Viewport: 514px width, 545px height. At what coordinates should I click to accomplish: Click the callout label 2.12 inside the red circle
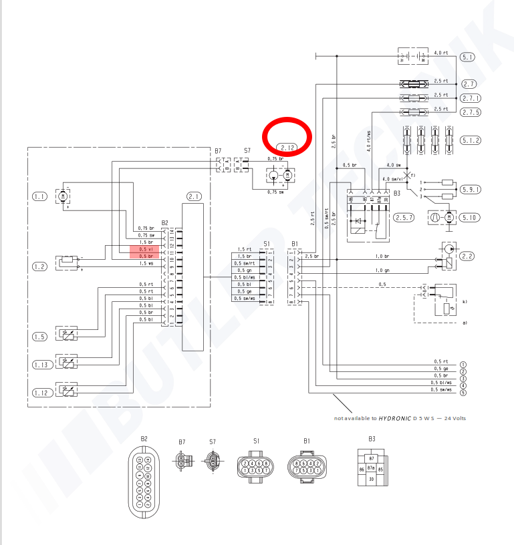point(288,147)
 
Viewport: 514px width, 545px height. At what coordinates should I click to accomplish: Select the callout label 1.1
point(40,196)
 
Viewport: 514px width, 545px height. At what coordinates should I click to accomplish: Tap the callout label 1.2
point(40,266)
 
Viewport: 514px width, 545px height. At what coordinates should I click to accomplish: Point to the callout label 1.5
point(40,337)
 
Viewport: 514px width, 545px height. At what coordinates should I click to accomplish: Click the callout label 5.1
point(468,57)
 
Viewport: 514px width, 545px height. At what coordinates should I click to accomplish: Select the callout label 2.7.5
point(471,112)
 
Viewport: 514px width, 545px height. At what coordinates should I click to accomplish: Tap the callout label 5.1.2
point(471,140)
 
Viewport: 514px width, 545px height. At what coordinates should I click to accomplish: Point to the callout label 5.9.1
point(471,190)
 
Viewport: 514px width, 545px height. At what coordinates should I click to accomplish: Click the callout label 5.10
point(470,218)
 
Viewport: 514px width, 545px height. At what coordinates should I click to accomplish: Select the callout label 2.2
point(468,256)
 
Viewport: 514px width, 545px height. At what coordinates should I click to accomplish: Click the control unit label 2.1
point(194,196)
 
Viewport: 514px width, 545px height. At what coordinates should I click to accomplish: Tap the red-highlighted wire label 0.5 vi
point(144,248)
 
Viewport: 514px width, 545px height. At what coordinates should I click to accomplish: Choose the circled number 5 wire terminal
point(463,392)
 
